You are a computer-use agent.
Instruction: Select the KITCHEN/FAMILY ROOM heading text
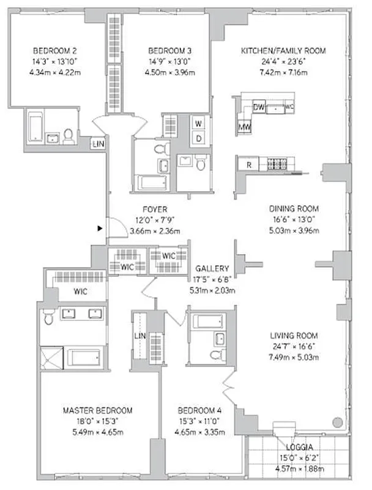(x=283, y=51)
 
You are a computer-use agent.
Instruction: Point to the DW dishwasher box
(x=259, y=107)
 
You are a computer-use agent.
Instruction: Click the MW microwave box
(x=244, y=127)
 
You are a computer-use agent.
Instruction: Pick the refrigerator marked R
(x=249, y=165)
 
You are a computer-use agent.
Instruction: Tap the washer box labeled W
(x=199, y=123)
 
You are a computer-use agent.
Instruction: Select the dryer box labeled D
(x=199, y=138)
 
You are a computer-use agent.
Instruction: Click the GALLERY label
(x=212, y=269)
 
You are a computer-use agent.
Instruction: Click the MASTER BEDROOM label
(x=97, y=410)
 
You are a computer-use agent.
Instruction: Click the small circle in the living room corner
(x=336, y=422)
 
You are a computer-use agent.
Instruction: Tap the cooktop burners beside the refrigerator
(x=278, y=164)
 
